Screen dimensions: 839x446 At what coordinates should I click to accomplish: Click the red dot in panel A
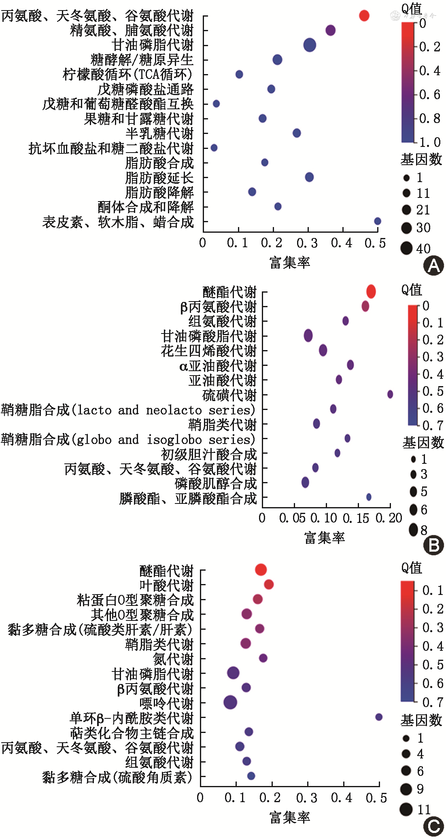coord(364,16)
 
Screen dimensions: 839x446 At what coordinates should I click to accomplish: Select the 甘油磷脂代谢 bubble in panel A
coord(310,45)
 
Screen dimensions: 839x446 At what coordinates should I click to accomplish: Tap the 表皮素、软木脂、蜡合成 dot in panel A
coord(378,221)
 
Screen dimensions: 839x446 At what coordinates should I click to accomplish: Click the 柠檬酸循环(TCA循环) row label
coord(127,74)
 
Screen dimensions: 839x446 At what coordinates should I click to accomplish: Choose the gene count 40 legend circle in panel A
coord(406,248)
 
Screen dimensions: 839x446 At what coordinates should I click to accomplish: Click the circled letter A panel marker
coord(433,266)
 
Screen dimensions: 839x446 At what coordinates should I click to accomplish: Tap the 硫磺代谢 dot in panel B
coord(390,394)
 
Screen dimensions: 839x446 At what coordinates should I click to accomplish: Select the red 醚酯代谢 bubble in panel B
coord(371,291)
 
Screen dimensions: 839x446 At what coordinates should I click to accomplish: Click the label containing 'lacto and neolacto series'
coord(128,410)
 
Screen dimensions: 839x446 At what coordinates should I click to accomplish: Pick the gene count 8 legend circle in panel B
coord(413,529)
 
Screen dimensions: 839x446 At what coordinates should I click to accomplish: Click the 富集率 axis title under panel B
coord(324,538)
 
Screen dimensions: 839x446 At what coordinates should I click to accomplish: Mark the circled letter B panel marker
coord(433,545)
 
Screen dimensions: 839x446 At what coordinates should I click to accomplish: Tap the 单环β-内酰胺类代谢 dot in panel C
coord(379,717)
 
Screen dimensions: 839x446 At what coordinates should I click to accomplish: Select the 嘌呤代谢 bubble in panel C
coord(230,702)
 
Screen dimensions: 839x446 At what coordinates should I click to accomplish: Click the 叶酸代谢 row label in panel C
coord(166,585)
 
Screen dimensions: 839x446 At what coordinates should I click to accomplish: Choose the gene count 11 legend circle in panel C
coord(406,809)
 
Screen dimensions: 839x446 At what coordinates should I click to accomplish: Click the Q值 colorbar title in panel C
coord(412,568)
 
